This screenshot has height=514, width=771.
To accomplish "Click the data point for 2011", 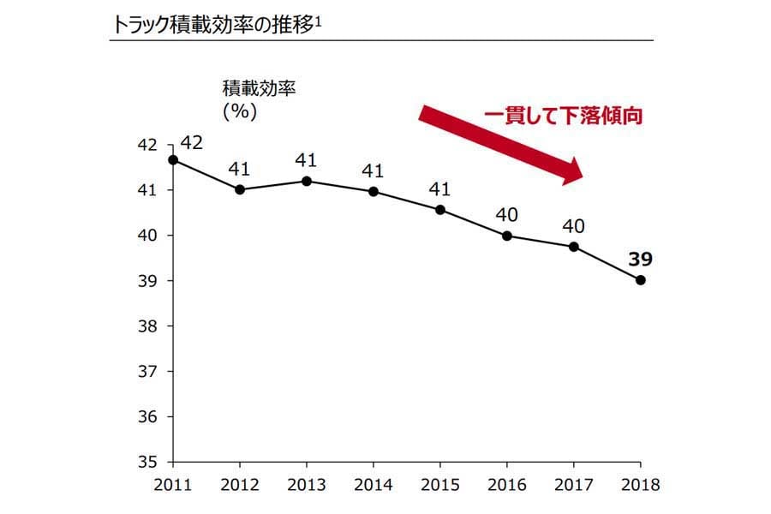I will pyautogui.click(x=173, y=160).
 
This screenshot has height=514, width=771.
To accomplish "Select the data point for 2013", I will pyautogui.click(x=307, y=181).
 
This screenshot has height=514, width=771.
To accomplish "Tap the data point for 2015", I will pyautogui.click(x=440, y=209).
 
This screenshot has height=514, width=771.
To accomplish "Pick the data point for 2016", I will pyautogui.click(x=507, y=236).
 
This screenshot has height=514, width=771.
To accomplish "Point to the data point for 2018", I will pyautogui.click(x=641, y=280).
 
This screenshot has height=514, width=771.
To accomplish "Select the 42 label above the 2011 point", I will pyautogui.click(x=191, y=142).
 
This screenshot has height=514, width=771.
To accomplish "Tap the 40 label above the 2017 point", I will pyautogui.click(x=574, y=226).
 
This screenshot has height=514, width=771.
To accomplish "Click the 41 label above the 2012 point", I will pyautogui.click(x=240, y=169).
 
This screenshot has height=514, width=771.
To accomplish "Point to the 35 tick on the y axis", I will pyautogui.click(x=147, y=462).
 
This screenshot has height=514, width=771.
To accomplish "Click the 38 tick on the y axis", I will pyautogui.click(x=147, y=326).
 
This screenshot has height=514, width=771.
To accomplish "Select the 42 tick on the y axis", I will pyautogui.click(x=147, y=146).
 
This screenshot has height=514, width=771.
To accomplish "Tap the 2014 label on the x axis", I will pyautogui.click(x=374, y=485).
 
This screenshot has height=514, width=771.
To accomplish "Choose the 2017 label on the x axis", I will pyautogui.click(x=574, y=485).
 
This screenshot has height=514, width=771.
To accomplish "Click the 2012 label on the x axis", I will pyautogui.click(x=240, y=485).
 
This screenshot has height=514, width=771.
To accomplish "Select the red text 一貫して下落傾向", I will pyautogui.click(x=563, y=115).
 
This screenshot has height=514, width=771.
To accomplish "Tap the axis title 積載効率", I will pyautogui.click(x=258, y=87).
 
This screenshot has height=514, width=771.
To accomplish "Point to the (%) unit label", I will pyautogui.click(x=240, y=111).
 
